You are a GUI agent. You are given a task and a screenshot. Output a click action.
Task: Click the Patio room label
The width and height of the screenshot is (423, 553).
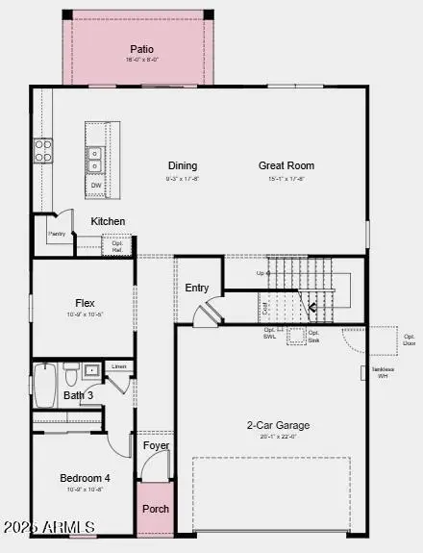coord(141,49)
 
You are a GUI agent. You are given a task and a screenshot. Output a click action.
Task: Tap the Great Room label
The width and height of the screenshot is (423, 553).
coord(286,165)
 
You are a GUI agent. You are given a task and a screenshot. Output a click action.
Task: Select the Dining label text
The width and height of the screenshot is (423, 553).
coord(183,165)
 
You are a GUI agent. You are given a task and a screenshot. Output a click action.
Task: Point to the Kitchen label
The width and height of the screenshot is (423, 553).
coord(108,221)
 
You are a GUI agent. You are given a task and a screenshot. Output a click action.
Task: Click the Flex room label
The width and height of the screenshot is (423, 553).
coord(85,303)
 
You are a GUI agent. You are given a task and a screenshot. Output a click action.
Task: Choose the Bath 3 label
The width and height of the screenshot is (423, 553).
coord(79,395)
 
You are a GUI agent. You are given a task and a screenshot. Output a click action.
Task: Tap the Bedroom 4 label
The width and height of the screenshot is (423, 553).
coord(85,478)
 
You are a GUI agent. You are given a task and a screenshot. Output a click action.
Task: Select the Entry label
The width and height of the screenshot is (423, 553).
coord(197,288)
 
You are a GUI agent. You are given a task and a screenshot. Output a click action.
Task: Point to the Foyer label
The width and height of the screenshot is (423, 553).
coord(156,445)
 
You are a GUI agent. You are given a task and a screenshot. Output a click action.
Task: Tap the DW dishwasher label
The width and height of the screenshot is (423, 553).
coord(96,185)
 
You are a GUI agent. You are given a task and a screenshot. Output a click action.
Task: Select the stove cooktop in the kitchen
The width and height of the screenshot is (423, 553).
coord(44,150)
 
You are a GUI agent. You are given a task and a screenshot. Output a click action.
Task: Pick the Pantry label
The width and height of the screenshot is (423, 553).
coord(56,234)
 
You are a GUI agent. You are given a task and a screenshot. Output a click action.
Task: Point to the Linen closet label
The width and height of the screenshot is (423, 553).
coord(119,366)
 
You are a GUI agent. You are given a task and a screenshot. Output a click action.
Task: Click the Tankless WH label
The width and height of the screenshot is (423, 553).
coord(383,372)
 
